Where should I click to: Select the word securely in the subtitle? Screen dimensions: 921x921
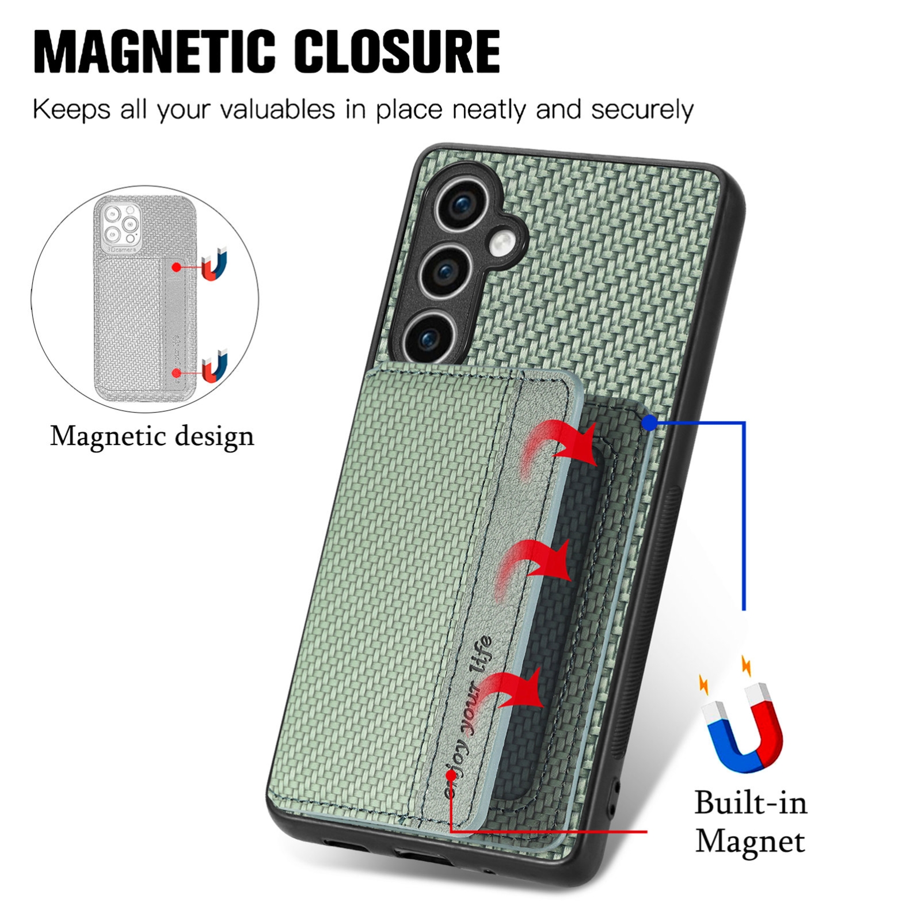642,109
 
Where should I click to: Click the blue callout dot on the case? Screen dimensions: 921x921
649,424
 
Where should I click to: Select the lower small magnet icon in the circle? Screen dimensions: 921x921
214,367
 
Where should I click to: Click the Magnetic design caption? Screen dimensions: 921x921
152,436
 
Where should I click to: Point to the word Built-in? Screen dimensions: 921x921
751,802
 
